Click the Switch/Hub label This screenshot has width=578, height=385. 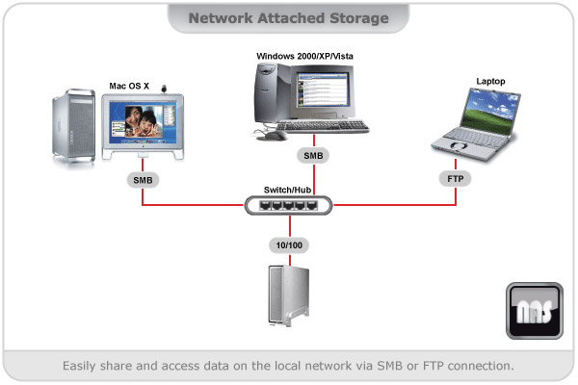(287, 190)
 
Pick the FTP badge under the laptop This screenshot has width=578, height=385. (456, 178)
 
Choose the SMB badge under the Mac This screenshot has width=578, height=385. (142, 179)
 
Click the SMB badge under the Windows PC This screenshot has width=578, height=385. (314, 154)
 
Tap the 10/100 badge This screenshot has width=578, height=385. (287, 245)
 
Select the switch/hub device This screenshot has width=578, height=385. (287, 205)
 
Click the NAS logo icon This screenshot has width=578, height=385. (534, 312)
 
